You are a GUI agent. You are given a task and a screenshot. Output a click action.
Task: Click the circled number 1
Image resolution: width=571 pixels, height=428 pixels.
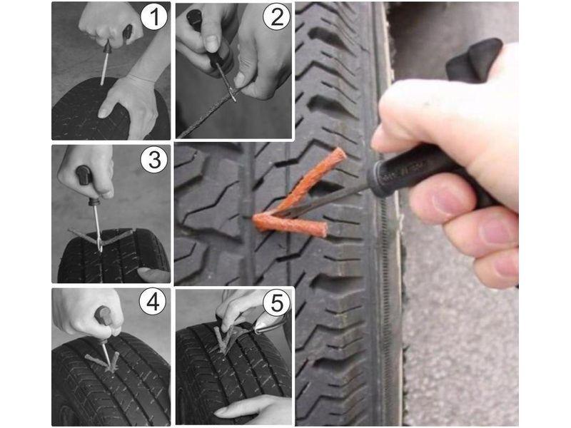click(x=154, y=16)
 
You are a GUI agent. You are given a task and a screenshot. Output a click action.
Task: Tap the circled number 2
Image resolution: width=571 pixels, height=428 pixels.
click(x=277, y=16)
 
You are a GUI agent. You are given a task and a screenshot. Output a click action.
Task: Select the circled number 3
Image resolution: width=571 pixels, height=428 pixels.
click(x=154, y=159)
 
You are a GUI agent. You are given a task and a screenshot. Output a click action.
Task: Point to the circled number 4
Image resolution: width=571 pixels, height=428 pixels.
click(x=153, y=302)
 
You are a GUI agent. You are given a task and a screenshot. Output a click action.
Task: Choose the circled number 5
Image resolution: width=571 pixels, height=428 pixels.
click(x=276, y=302)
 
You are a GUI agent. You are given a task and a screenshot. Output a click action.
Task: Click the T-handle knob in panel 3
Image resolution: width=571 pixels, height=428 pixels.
click(x=84, y=174)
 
